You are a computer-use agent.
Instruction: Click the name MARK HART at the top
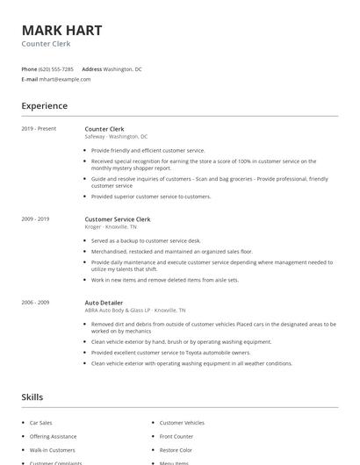pos(61,30)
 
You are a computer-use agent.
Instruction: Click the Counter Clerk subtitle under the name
pos(46,44)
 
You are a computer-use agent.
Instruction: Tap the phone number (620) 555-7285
pos(56,68)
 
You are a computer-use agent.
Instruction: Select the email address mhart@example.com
pos(65,79)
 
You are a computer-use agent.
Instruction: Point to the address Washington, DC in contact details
pos(122,68)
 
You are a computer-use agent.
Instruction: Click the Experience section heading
pos(45,106)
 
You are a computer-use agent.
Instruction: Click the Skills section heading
pos(32,397)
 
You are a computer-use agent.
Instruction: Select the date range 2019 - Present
pos(38,129)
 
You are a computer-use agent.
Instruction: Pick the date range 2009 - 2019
pos(35,218)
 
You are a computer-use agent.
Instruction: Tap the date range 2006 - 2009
pos(35,302)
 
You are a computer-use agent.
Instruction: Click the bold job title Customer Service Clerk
pos(118,218)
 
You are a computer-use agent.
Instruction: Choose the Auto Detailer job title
pos(104,302)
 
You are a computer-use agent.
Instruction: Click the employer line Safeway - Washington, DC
pos(116,137)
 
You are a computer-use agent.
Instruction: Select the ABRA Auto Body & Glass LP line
pos(134,310)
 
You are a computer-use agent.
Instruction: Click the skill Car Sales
pos(40,423)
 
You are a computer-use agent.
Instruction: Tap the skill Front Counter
pos(176,436)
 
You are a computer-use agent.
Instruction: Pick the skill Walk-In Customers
pos(53,449)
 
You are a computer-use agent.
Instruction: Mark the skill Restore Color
pos(176,449)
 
